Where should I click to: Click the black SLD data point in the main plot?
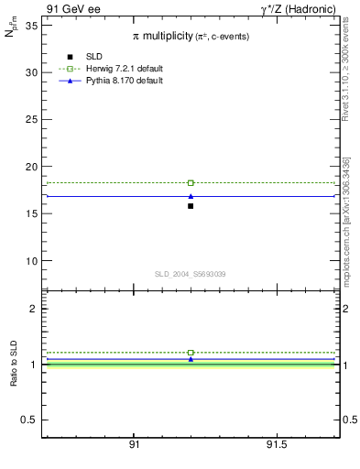(x=191, y=206)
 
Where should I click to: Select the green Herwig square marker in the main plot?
(x=191, y=183)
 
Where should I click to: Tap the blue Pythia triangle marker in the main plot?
(x=191, y=196)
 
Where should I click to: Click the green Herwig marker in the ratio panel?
(x=191, y=353)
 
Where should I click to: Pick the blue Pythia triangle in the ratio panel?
(x=191, y=359)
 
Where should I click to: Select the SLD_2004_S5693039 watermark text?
(x=191, y=275)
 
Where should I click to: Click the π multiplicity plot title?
(x=191, y=36)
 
